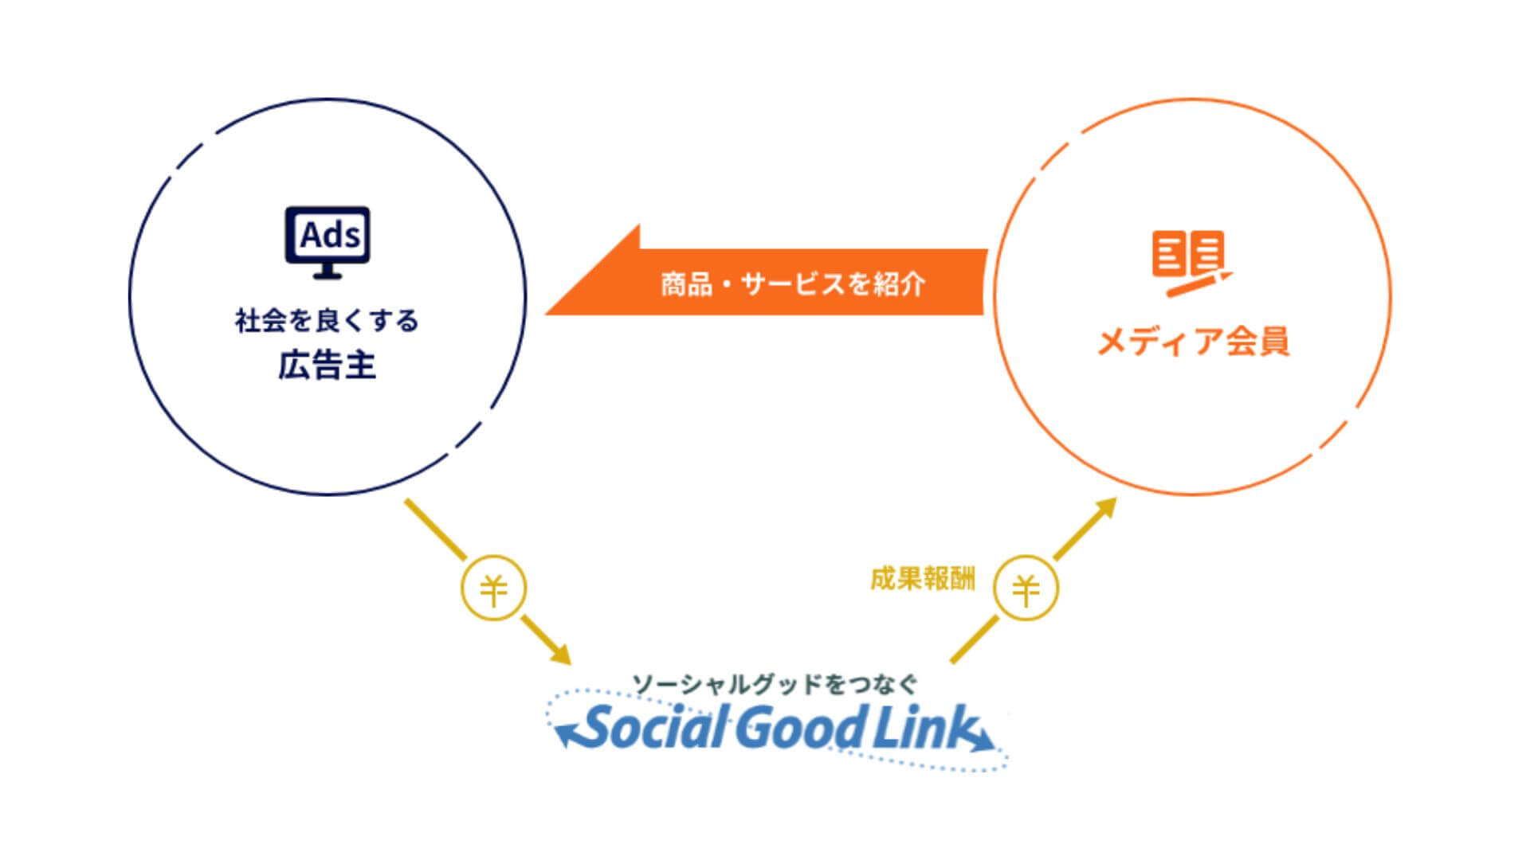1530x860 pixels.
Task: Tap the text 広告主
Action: pyautogui.click(x=327, y=366)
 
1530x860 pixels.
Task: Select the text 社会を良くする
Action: pyautogui.click(x=327, y=322)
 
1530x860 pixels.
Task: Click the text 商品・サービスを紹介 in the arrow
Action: pyautogui.click(x=793, y=284)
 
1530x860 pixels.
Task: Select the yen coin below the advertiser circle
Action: pyautogui.click(x=494, y=589)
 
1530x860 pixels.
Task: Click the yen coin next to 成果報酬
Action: pyautogui.click(x=1026, y=589)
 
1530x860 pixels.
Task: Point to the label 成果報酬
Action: pyautogui.click(x=922, y=579)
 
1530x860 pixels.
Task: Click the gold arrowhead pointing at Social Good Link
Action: pyautogui.click(x=561, y=655)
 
